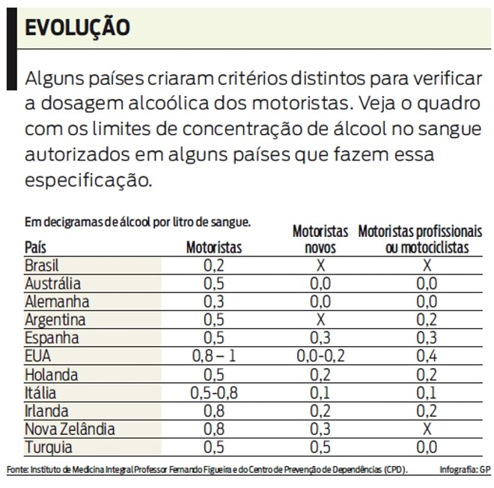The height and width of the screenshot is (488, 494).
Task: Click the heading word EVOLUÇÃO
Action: pyautogui.click(x=77, y=28)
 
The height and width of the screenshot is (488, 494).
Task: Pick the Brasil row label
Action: pyautogui.click(x=42, y=265)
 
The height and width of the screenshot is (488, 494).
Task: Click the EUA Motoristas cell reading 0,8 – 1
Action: pyautogui.click(x=214, y=356)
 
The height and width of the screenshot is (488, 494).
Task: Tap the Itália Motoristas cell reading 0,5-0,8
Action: pyautogui.click(x=214, y=393)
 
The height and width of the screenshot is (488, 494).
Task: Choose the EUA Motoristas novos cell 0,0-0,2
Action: pyautogui.click(x=320, y=356)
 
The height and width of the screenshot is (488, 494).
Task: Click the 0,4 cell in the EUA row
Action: pyautogui.click(x=427, y=356)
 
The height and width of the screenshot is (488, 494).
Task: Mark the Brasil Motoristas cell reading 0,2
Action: pyautogui.click(x=214, y=265)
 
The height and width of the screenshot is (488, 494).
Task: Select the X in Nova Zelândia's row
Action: pyautogui.click(x=427, y=430)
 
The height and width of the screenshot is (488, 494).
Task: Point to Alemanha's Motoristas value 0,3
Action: pyautogui.click(x=214, y=301)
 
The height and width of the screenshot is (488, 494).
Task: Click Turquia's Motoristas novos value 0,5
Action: pyautogui.click(x=320, y=448)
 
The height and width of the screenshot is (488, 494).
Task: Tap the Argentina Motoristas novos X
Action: pyautogui.click(x=320, y=320)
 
